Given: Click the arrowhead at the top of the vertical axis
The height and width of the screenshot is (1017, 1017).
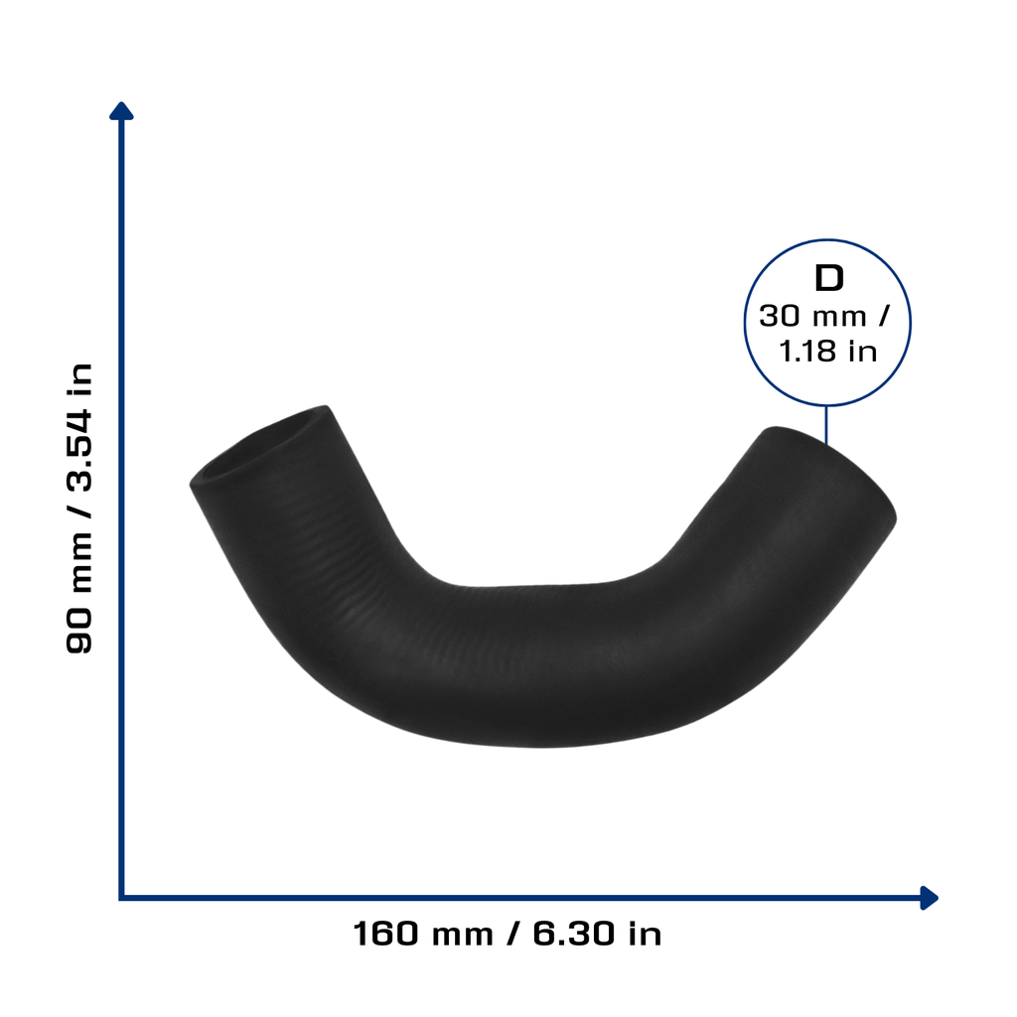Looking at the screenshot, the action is click(x=121, y=111).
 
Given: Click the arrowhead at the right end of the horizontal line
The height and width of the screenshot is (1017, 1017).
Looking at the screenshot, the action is click(x=930, y=898).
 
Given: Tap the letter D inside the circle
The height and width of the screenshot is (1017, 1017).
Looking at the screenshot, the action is click(x=829, y=278).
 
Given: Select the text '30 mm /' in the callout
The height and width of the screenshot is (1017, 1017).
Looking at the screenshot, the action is click(x=823, y=317).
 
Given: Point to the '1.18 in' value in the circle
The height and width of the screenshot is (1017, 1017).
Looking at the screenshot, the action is click(x=827, y=352).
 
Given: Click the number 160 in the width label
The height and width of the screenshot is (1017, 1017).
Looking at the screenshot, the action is click(x=386, y=934).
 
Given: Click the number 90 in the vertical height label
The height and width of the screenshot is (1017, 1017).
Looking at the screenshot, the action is click(x=79, y=631).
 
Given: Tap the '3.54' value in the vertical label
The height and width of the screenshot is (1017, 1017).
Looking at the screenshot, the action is click(x=79, y=450).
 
